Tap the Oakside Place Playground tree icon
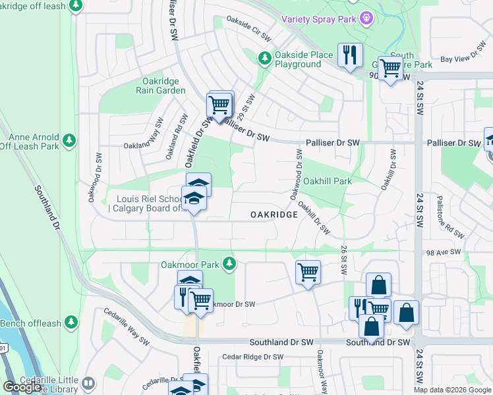point(264,59)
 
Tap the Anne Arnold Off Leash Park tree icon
point(69,140)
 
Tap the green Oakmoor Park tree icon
point(229,265)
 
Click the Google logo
point(22,386)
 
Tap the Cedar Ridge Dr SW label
point(252,357)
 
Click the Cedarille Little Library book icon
point(88,382)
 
